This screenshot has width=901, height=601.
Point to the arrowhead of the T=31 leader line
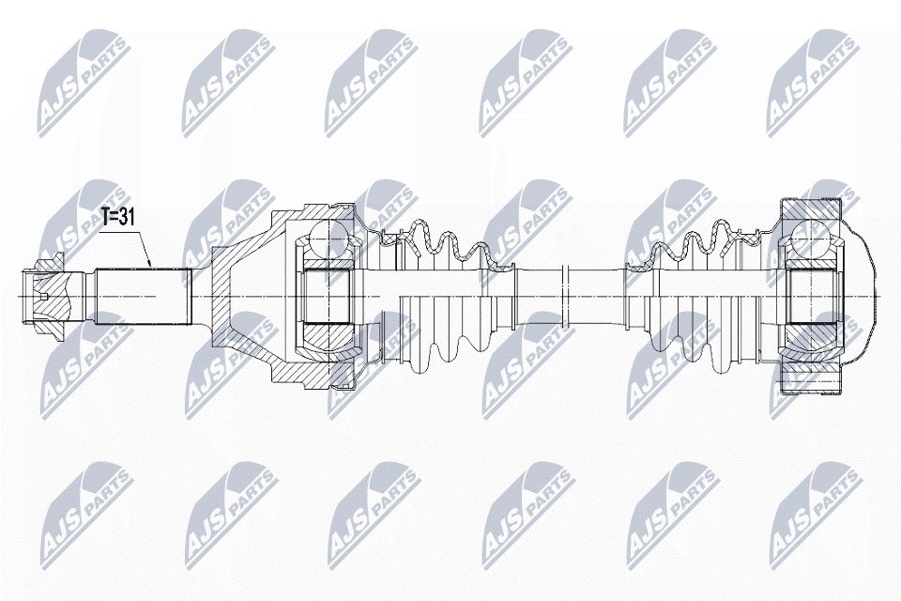tap(150, 266)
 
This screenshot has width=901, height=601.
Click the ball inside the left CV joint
tap(328, 238)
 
